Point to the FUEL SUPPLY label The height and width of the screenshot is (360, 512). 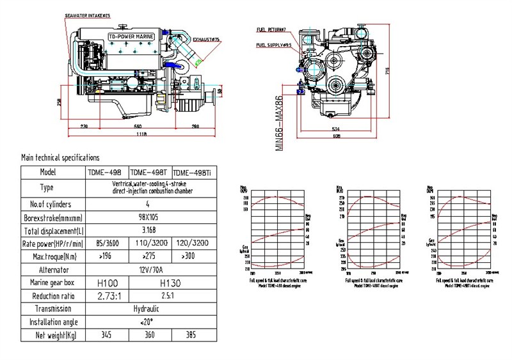[x=274, y=45]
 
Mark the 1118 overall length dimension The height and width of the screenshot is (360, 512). [x=141, y=134]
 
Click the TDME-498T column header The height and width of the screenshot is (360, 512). [x=149, y=172]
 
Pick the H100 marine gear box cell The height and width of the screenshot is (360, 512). [x=106, y=282]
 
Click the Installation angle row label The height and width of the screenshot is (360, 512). [x=53, y=322]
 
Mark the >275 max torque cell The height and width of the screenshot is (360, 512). [x=149, y=256]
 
